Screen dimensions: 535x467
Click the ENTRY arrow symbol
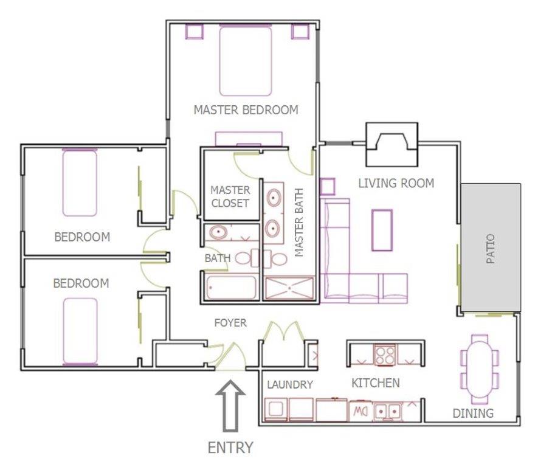pos(230,406)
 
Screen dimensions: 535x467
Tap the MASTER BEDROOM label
pos(246,110)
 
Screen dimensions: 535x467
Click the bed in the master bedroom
pos(246,60)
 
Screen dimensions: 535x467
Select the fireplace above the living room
pos(392,144)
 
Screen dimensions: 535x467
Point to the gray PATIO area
pos(491,247)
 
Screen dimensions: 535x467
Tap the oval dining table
pos(480,368)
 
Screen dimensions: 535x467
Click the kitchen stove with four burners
pos(384,355)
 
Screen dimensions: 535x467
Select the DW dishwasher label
pos(361,411)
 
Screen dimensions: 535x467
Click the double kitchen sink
pos(387,411)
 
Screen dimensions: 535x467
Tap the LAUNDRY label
pos(289,385)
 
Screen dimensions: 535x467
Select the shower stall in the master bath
pos(289,288)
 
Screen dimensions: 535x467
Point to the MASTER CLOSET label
pos(230,196)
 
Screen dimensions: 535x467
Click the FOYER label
pos(230,323)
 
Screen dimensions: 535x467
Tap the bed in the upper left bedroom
pos(80,182)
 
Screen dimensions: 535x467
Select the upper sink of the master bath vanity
pos(274,198)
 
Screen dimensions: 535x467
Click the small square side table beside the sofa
pos(328,187)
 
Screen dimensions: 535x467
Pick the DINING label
pos(473,413)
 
